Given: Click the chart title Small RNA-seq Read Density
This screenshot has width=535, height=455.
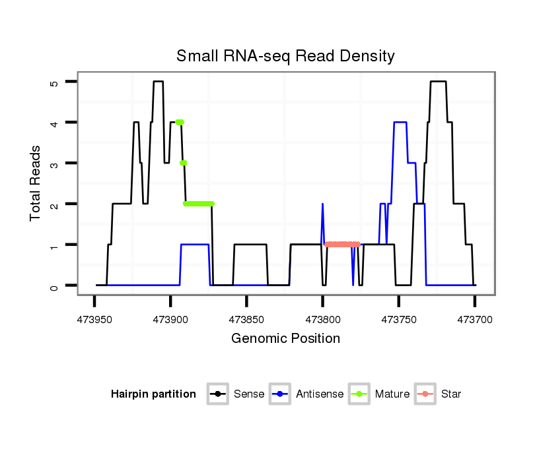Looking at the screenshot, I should pos(285,56).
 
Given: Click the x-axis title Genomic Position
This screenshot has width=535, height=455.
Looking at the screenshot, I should pos(285,339).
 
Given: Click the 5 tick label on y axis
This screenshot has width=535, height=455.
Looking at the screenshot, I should pos(54,82).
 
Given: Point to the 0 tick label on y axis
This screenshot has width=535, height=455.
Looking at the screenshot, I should pos(54,286).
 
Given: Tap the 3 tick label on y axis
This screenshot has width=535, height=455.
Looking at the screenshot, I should pos(54,164).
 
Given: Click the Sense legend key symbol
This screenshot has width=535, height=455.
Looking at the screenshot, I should pos(217,394).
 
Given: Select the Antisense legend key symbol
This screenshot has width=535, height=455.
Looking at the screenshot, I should pos(280,394).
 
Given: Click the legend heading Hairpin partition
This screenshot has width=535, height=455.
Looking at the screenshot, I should pos(153,394).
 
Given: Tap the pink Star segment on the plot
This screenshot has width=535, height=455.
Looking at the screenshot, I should pos(342,245).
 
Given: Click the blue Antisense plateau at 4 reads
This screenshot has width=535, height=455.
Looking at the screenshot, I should pos(400,122).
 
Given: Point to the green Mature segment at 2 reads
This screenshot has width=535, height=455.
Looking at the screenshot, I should pos(199,204).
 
